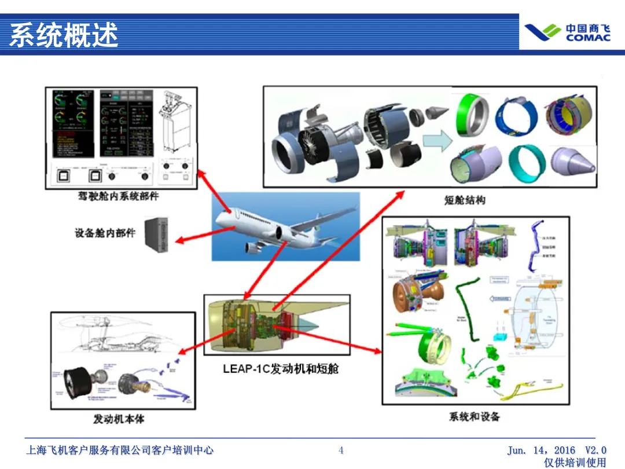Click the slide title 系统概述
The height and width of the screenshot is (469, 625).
coord(64,35)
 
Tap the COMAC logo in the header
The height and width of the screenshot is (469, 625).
coord(567,32)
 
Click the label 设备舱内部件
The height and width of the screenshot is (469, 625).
coord(105,233)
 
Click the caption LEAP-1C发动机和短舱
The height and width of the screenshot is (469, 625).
coord(281,369)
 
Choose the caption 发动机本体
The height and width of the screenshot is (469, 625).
coord(119,419)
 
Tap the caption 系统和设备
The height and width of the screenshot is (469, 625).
coord(474,416)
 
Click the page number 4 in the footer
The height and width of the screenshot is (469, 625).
coord(341,450)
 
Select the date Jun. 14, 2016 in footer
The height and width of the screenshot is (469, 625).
coord(542,450)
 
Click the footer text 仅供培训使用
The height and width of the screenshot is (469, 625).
coord(575,463)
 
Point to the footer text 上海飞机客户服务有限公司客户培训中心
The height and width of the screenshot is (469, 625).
coord(120,450)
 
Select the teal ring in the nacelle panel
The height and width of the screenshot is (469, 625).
coord(527,162)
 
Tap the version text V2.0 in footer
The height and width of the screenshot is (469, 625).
coord(595,450)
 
